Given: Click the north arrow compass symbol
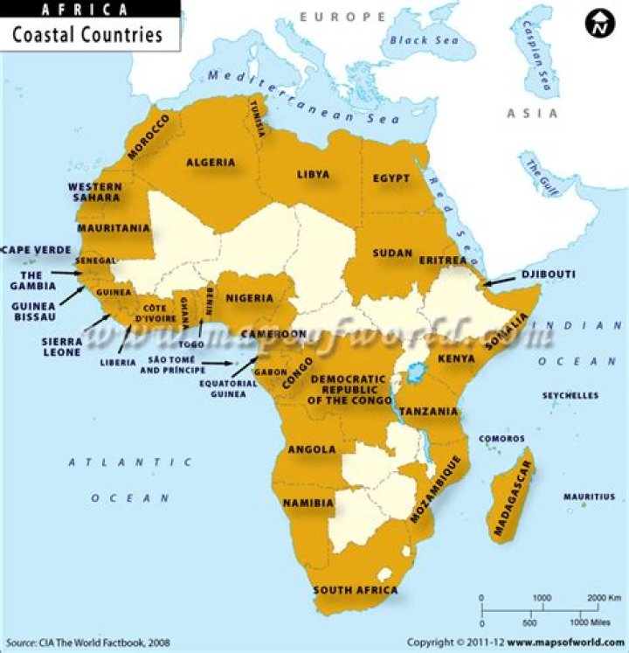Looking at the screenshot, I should (599, 25).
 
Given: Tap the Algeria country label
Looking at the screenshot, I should (211, 163).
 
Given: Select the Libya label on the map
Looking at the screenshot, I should (313, 175).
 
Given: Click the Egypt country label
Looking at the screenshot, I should (391, 178).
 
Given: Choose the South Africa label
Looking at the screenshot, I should (355, 590).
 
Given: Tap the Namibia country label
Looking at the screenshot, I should (308, 504).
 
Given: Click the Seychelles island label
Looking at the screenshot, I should (570, 396).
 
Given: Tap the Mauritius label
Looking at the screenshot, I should (589, 497).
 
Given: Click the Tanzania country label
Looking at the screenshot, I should (429, 411).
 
